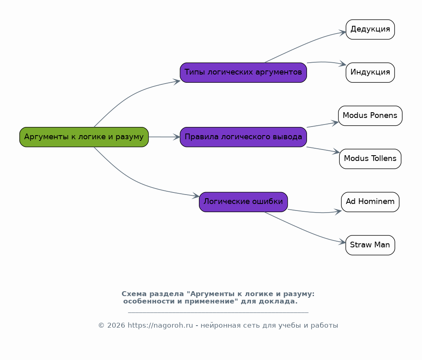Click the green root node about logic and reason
84,137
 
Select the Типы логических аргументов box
243,72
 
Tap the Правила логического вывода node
243,137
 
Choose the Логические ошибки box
243,202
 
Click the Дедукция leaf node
370,29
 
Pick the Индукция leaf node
370,72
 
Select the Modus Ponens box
370,115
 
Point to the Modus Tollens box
370,158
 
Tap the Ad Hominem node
370,202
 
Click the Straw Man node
370,245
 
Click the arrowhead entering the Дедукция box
343,32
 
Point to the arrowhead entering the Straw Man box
343,242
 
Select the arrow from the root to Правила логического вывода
164,137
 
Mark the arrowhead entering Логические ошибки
196,197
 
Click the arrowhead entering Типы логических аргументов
177,81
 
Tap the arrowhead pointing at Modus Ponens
335,122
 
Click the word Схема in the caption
134,294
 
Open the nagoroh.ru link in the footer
160,326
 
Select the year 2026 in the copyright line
116,326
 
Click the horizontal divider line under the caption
218,312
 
